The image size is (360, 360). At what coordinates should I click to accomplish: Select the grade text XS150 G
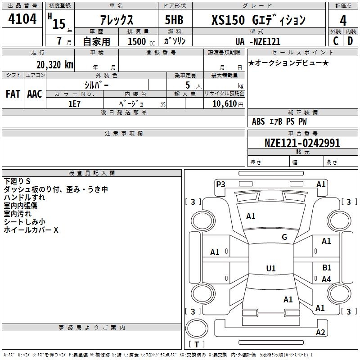(258, 20)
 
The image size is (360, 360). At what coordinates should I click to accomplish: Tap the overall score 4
(343, 21)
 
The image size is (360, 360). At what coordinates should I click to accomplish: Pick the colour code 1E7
(75, 103)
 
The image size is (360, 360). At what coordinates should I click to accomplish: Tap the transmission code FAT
(13, 94)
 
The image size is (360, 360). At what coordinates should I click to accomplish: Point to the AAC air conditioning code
(35, 94)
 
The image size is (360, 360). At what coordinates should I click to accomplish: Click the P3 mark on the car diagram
(220, 184)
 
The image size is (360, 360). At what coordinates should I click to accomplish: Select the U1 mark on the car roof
(270, 269)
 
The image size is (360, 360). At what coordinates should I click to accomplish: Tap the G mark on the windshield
(284, 237)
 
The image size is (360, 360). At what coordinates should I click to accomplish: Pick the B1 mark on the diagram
(327, 268)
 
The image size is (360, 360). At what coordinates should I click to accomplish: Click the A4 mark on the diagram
(326, 279)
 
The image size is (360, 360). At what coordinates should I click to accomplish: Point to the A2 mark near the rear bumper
(320, 333)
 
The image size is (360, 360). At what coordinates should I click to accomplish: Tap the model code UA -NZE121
(258, 41)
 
